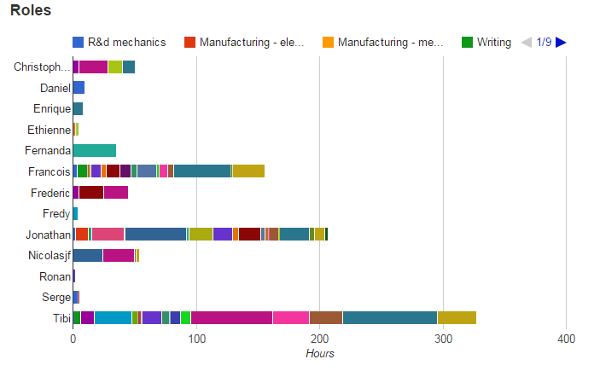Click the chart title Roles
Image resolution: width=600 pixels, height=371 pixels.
click(x=31, y=11)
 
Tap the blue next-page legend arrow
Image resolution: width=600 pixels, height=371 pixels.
click(x=561, y=42)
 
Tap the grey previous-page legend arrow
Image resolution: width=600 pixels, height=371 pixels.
click(x=527, y=42)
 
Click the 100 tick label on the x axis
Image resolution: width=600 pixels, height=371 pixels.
click(x=196, y=339)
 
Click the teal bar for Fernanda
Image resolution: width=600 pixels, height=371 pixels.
click(x=94, y=150)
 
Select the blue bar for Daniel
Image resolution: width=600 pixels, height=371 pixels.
click(x=79, y=88)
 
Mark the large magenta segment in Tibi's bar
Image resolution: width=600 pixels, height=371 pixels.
click(x=231, y=318)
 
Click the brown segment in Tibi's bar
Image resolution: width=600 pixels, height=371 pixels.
click(x=326, y=318)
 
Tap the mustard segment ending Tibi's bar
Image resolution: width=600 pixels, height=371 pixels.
click(x=457, y=318)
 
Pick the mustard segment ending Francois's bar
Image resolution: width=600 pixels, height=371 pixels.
click(x=248, y=171)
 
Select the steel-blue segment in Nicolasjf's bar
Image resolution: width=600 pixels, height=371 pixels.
click(x=88, y=255)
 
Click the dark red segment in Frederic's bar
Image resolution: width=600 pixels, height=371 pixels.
click(x=91, y=192)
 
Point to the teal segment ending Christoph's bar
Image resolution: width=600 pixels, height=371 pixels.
click(x=129, y=67)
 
